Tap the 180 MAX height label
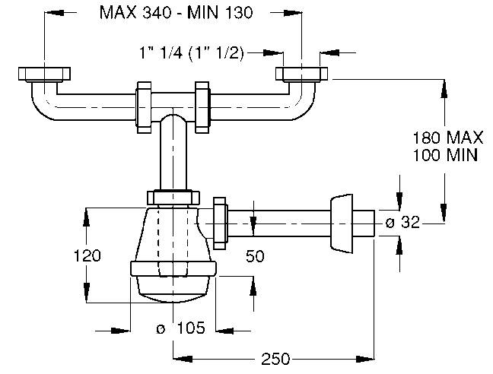[448, 138]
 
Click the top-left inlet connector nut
[44, 74]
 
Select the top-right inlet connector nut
[302, 74]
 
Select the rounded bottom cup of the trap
[173, 285]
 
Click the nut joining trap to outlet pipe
[221, 223]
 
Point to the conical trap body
[173, 236]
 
